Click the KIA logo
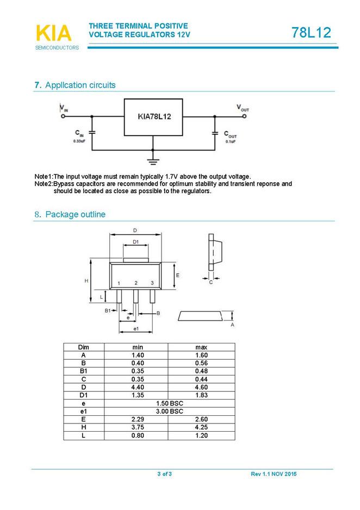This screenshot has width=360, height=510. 54,33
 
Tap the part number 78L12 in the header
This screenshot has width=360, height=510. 311,33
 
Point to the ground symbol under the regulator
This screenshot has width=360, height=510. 153,161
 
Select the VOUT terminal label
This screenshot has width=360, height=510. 243,108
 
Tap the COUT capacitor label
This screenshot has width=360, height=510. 231,134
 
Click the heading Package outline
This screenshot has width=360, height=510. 75,214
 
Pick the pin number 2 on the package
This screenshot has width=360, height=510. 136,283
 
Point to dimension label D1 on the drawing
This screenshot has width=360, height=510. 136,242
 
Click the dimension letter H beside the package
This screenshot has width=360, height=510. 86,281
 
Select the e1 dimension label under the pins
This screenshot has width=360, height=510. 136,329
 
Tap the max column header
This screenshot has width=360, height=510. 201,347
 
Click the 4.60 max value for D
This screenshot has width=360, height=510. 201,387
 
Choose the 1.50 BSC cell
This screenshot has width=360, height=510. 169,403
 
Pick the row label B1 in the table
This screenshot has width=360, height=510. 83,371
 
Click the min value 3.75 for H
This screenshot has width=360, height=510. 138,427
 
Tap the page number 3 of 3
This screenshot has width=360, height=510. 164,475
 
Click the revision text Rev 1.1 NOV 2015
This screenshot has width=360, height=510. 274,475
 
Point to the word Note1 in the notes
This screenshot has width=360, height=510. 44,176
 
